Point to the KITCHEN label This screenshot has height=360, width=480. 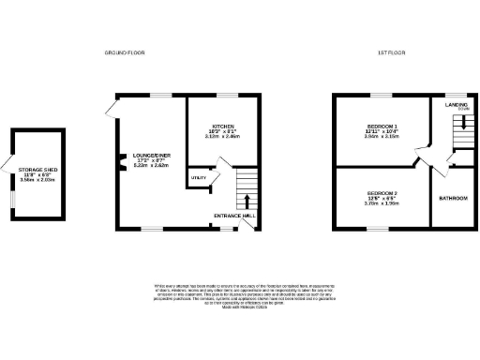222,125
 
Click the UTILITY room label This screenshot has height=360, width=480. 199,177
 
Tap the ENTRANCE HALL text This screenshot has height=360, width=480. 235,215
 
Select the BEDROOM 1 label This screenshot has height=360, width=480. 380,126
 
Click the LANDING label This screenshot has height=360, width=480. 456,105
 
